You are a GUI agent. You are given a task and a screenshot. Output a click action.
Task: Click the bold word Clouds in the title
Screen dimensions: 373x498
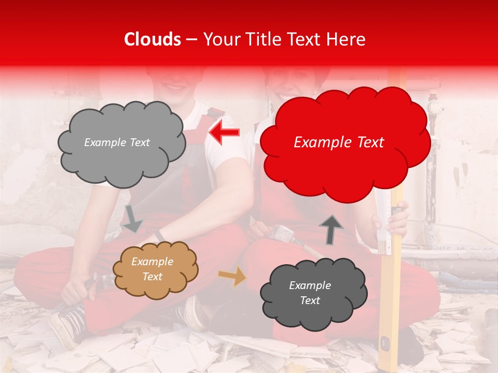click(x=153, y=39)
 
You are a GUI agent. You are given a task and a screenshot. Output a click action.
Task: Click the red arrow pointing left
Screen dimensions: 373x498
click(x=224, y=133)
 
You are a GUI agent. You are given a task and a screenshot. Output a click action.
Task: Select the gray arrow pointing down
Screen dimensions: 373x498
click(x=132, y=219)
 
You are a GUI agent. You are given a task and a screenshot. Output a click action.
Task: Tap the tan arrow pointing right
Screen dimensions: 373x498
click(x=232, y=277)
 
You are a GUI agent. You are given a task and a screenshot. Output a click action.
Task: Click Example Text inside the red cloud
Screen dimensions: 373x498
click(x=339, y=142)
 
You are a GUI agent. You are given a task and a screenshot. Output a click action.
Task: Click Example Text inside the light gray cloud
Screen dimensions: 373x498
click(x=117, y=142)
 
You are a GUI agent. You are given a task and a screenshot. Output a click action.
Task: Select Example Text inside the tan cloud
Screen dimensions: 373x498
click(x=152, y=269)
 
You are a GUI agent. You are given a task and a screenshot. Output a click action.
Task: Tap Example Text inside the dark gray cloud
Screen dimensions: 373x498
click(x=310, y=293)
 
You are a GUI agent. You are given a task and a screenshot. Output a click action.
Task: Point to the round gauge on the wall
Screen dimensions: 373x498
click(x=435, y=107)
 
